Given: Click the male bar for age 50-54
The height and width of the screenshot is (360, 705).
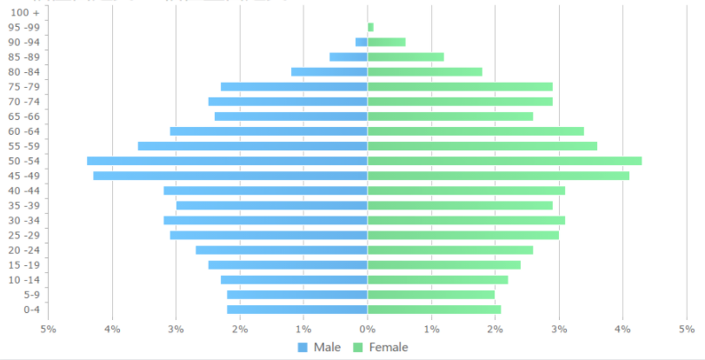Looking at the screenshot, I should click(x=227, y=161).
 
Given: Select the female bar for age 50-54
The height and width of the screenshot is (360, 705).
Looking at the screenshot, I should click(x=504, y=161).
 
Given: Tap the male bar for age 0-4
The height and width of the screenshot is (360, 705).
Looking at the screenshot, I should click(x=297, y=310).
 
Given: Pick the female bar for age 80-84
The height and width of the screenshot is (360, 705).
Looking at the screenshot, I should click(x=424, y=71).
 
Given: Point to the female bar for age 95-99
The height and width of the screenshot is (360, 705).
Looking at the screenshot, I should click(x=370, y=27).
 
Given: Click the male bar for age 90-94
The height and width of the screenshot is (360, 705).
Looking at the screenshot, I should click(x=362, y=42).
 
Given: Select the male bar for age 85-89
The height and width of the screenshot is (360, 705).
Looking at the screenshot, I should click(x=349, y=57).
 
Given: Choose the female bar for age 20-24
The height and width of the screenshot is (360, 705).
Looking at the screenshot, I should click(x=450, y=250).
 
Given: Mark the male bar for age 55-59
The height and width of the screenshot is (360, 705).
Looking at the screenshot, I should click(x=252, y=146).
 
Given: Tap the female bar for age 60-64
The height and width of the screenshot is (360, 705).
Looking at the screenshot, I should click(x=476, y=131).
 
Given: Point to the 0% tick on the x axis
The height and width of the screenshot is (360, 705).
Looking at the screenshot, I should click(x=368, y=330).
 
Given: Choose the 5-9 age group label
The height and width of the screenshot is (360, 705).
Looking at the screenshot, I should click(x=31, y=295).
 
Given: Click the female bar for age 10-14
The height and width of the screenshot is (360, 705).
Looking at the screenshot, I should click(x=437, y=280).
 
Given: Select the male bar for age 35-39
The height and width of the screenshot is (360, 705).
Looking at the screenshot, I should click(x=272, y=205).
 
